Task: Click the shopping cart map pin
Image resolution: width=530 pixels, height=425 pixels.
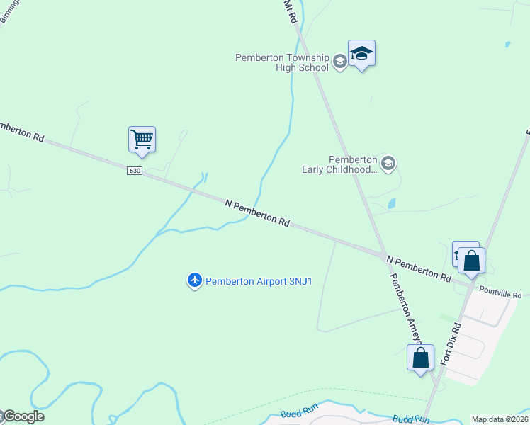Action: [x=142, y=139]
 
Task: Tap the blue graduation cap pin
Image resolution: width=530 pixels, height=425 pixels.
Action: [x=361, y=53]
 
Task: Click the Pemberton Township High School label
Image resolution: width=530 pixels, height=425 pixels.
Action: [x=283, y=62]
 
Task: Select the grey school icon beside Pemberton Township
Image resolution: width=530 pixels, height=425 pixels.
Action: [x=339, y=62]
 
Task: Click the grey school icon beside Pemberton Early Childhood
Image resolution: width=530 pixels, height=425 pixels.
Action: [x=388, y=164]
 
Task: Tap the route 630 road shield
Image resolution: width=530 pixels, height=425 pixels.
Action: [x=135, y=171]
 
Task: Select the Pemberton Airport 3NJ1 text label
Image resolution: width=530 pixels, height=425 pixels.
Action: [x=259, y=281]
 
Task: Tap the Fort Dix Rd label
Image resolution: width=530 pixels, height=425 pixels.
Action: [x=451, y=344]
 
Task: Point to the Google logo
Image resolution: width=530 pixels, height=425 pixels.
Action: [x=23, y=416]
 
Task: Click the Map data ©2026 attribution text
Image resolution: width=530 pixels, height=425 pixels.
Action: [x=500, y=419]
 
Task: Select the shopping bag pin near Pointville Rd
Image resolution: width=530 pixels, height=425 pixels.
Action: [x=471, y=261]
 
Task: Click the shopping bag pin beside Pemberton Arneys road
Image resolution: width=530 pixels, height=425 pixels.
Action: [x=420, y=357]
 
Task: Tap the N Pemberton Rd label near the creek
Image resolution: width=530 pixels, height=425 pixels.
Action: [x=257, y=212]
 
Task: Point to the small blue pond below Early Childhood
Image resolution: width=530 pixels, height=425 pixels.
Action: [x=392, y=204]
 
